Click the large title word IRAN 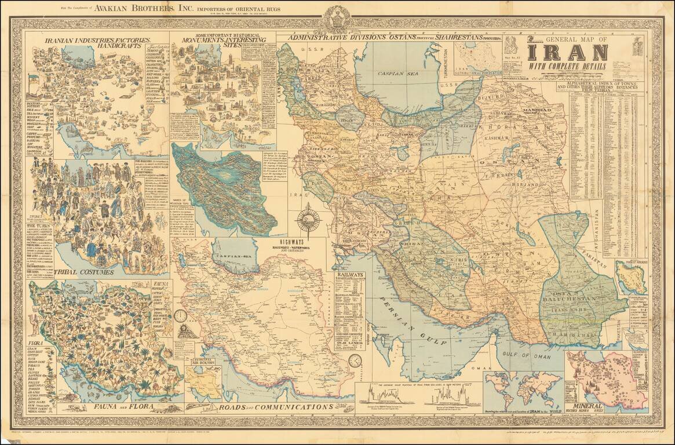coord(568,53)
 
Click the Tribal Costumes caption coord(85,271)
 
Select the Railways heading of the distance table coord(349,274)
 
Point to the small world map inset coord(523,389)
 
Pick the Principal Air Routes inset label coord(202,366)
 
